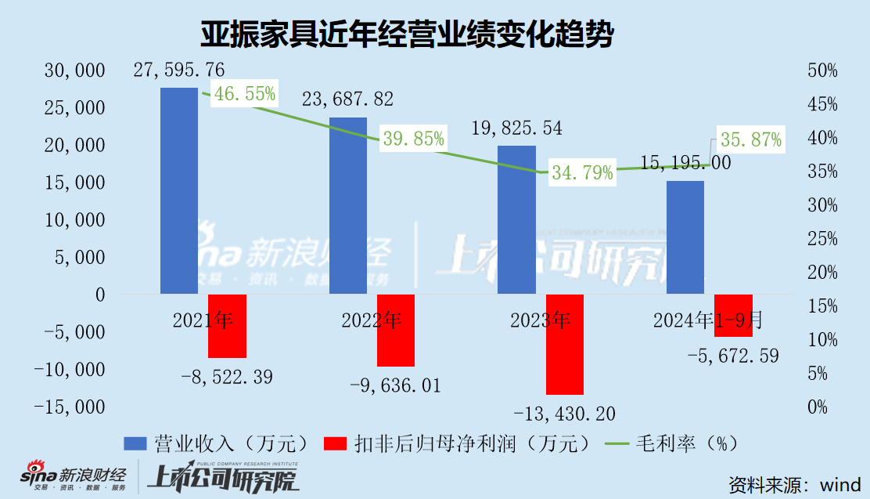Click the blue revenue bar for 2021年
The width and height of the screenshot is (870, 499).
(x=179, y=190)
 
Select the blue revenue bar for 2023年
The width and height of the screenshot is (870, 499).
(x=517, y=219)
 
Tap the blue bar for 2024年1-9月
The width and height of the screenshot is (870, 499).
(x=685, y=237)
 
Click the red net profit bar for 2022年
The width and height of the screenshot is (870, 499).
(x=396, y=330)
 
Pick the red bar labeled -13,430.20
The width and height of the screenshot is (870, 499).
(x=565, y=344)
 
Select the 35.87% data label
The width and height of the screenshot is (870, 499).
(x=751, y=140)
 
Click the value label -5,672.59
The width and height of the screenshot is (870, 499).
(x=732, y=356)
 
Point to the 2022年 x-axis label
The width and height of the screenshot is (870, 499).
(x=371, y=320)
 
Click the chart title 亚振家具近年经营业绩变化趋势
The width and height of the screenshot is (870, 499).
(x=407, y=35)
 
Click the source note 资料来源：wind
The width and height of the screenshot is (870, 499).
(x=794, y=484)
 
